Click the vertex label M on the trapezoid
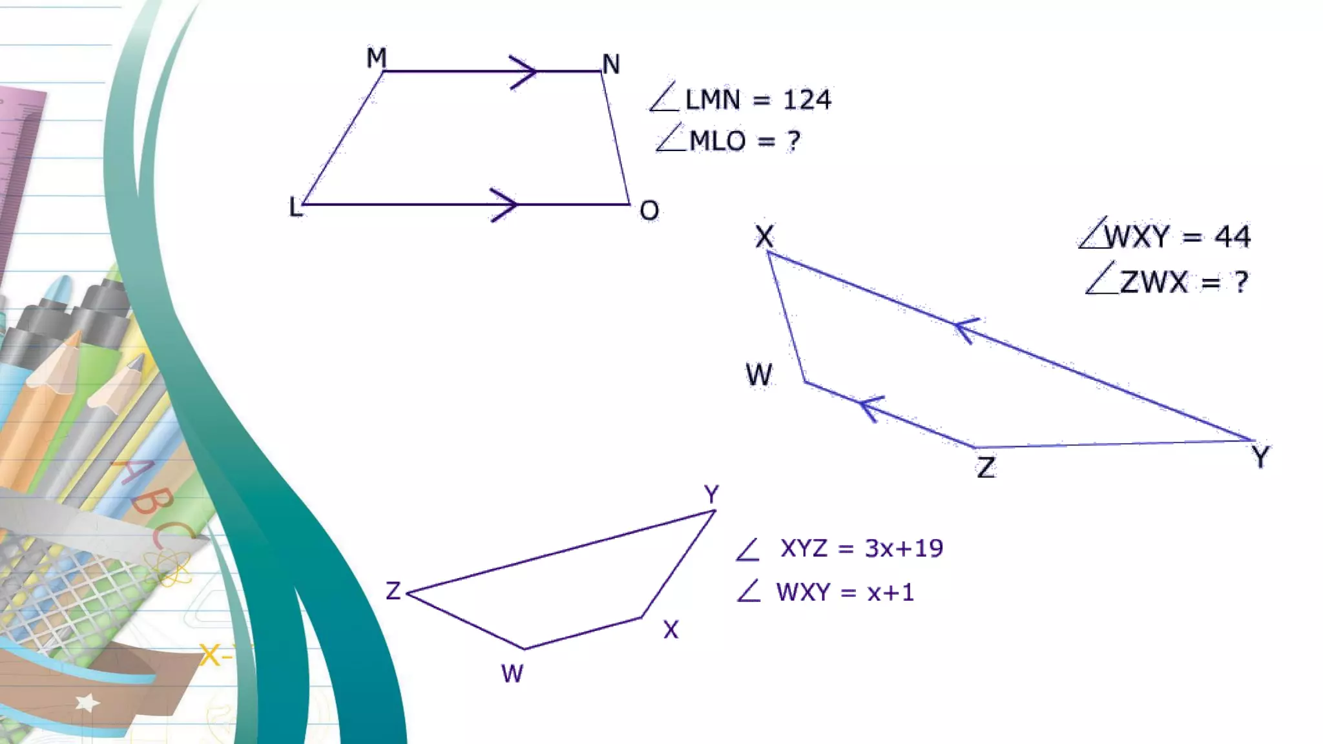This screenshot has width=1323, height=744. (x=376, y=58)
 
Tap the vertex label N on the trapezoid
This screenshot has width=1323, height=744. (x=611, y=65)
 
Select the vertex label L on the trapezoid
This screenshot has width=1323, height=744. (x=295, y=207)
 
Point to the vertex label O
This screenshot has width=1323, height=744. (x=649, y=211)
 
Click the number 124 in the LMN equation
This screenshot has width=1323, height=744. (x=807, y=100)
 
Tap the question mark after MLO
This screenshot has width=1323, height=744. (x=793, y=141)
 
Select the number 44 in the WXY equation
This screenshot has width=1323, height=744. (x=1233, y=236)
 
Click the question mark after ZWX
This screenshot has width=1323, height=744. (x=1241, y=282)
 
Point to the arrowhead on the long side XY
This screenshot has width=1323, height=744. (x=965, y=329)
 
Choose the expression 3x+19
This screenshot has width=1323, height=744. (x=904, y=548)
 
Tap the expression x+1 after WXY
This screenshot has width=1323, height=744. (x=890, y=592)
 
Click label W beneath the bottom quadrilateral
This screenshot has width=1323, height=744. (x=512, y=674)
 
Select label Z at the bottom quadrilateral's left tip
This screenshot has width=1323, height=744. (x=393, y=591)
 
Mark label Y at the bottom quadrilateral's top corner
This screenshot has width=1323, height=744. (x=711, y=495)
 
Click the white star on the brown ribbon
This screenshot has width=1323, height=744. (x=87, y=702)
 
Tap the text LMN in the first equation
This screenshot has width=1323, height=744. (x=713, y=100)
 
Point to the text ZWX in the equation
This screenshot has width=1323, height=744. (x=1154, y=282)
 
